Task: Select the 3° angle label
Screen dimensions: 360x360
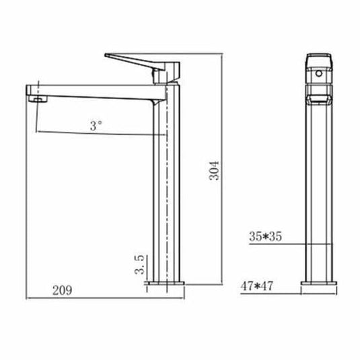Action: click(x=96, y=124)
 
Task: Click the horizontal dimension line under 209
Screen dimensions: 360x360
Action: click(x=87, y=297)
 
